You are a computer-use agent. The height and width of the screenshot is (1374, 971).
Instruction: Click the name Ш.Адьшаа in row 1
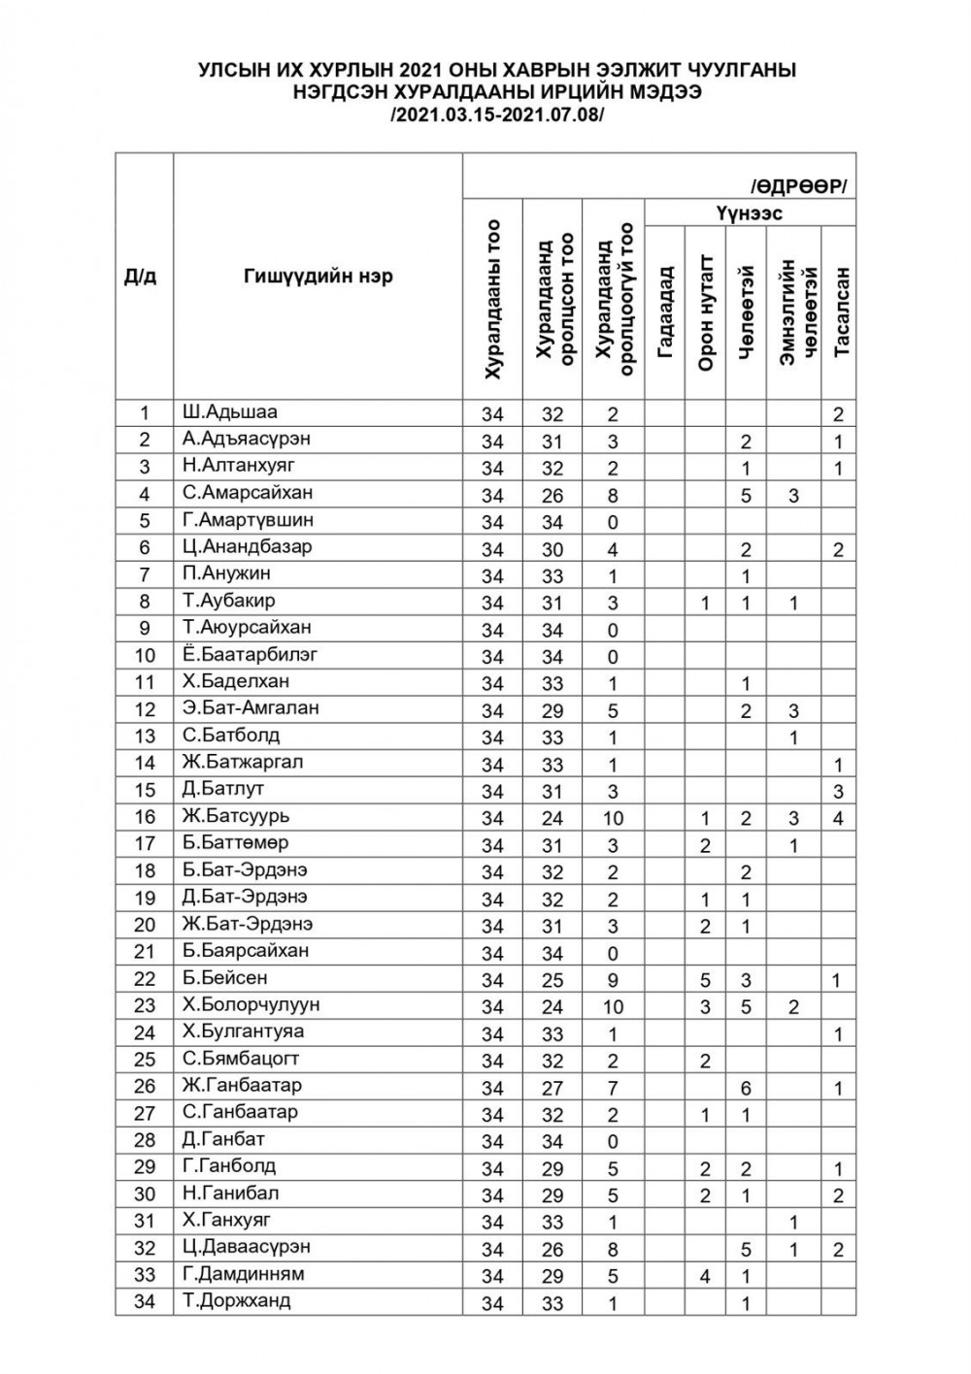229,411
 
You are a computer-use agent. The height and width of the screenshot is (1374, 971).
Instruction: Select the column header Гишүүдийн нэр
318,277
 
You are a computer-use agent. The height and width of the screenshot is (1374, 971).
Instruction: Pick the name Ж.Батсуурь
235,816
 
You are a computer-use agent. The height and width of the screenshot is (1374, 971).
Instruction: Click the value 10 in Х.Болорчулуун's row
612,1006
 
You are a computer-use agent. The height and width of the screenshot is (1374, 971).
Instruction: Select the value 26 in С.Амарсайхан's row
552,495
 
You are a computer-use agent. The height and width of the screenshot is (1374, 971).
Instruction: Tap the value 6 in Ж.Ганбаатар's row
746,1088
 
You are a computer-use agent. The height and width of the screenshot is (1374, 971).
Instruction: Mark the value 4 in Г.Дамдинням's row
705,1277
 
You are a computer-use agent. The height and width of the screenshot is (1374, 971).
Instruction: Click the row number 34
144,1301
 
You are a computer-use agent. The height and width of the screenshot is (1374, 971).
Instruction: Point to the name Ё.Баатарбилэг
250,654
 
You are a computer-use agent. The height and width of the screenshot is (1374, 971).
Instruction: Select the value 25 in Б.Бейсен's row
552,980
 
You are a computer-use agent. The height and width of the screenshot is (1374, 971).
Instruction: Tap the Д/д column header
141,277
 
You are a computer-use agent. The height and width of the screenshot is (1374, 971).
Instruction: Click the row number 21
144,951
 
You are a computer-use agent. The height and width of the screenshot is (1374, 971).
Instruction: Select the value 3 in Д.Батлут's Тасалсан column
838,791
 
